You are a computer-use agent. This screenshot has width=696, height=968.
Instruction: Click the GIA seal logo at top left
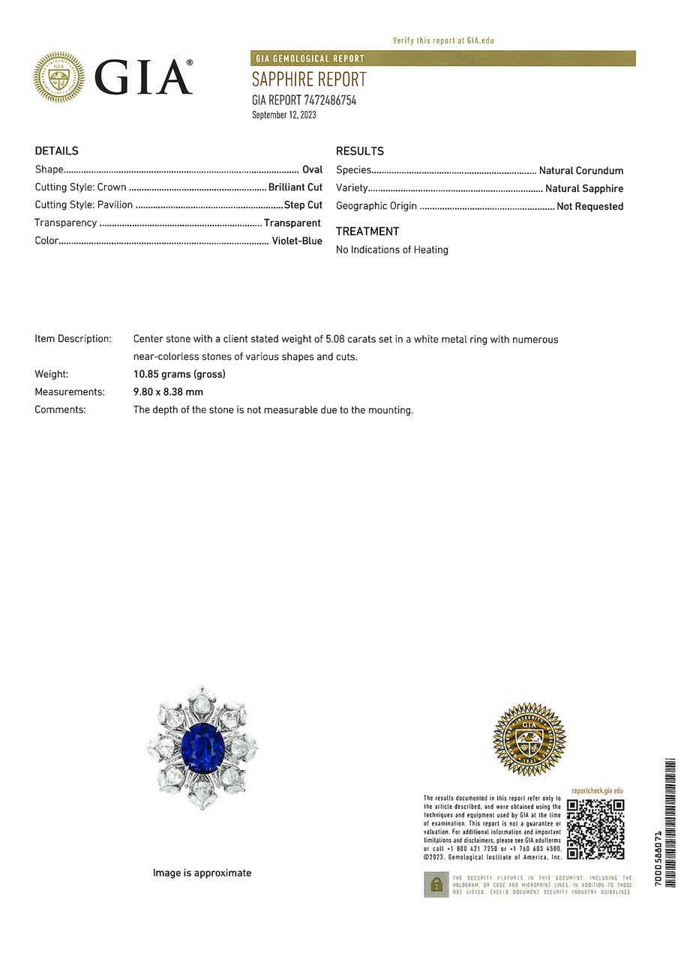(59, 77)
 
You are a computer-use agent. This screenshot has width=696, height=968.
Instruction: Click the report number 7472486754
(330, 100)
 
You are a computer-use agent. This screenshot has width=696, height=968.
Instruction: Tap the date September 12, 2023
(284, 115)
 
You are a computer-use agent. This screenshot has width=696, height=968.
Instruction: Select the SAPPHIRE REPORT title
(309, 79)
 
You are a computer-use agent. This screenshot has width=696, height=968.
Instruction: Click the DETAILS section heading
(56, 151)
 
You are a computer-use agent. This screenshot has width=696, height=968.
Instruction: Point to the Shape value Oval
(312, 169)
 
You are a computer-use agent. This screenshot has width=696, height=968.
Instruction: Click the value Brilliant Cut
(295, 187)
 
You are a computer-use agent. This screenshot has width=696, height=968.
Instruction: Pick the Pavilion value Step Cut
(303, 205)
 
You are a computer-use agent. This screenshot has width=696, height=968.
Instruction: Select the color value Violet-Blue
(297, 241)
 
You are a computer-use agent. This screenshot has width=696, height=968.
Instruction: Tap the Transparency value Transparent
(292, 223)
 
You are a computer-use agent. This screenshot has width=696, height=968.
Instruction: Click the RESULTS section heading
(360, 151)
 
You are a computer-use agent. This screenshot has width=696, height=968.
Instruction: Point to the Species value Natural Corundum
(581, 170)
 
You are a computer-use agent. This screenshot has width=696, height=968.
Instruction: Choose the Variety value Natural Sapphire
(584, 188)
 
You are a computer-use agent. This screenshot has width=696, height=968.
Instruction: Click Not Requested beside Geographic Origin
(589, 206)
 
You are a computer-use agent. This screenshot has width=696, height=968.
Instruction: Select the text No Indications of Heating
(392, 250)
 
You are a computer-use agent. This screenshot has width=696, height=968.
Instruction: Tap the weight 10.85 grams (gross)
(179, 373)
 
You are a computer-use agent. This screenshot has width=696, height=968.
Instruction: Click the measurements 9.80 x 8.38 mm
(168, 391)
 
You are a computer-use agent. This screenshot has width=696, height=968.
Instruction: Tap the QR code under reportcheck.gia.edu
(595, 829)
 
